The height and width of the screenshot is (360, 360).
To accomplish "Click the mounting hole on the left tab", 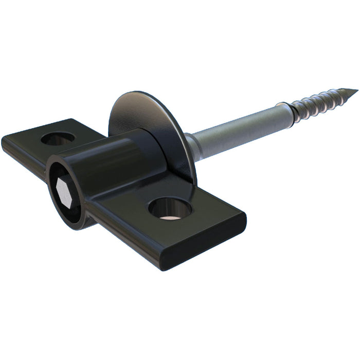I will (58, 138).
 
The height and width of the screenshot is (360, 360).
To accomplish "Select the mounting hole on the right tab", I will (170, 208).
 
